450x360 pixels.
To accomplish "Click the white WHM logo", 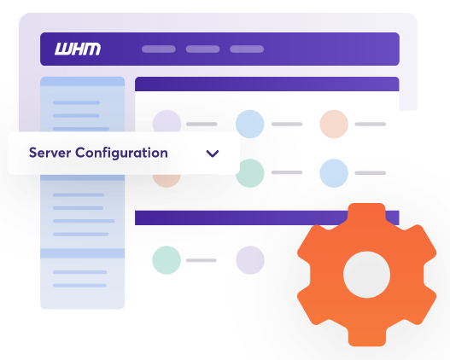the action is pos(78,49).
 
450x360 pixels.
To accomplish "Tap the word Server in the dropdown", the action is pos(50,153).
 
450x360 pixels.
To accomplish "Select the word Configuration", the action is pos(122,154).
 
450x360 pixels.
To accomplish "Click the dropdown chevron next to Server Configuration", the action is pos(213,154).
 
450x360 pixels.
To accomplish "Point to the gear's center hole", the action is pos(367,275).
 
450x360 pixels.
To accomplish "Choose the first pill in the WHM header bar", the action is pos(159,49).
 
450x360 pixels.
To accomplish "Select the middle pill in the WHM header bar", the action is pos(202,49).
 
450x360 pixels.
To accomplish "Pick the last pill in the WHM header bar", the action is pos(247,49).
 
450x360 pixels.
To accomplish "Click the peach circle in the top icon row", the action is pos(334,124).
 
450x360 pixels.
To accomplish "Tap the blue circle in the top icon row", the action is pos(250,124).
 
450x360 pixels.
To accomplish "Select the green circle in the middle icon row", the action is pos(250,173).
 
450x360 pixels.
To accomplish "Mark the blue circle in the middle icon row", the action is pos(334,173).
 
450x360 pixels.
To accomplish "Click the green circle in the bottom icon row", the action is pos(167,260).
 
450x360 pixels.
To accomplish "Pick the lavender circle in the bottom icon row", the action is pos(250,260).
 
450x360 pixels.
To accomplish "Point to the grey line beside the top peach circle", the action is pos(371,124).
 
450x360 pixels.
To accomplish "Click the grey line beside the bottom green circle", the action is pos(202,260).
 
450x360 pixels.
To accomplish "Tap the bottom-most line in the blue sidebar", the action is pos(79,286).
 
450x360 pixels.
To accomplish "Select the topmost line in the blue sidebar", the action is pos(76,102).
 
